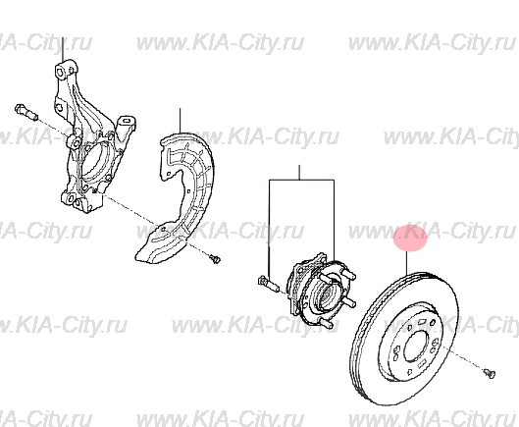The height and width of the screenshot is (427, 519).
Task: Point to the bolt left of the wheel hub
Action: (x=262, y=286)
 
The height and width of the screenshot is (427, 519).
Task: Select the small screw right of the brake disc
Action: (x=488, y=370)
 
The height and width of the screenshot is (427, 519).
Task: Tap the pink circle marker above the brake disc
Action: (x=410, y=238)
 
